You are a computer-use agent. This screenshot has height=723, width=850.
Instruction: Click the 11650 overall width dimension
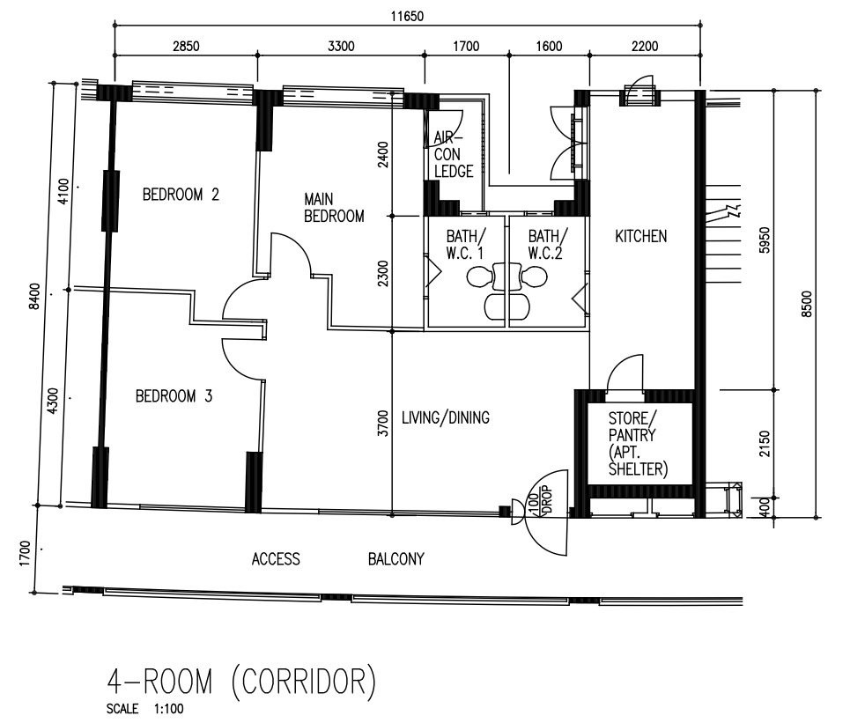(407, 16)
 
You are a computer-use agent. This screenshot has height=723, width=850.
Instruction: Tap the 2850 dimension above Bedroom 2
(186, 46)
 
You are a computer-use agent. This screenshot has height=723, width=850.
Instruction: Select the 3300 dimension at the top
(341, 46)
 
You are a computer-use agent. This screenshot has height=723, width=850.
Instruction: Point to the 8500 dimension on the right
(807, 304)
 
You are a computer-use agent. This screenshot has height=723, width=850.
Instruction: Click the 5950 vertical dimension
(764, 240)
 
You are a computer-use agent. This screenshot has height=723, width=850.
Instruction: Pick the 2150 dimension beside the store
(764, 443)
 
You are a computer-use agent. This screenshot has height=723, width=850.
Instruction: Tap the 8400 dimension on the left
(34, 296)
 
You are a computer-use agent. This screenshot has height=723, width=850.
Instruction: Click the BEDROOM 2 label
(181, 194)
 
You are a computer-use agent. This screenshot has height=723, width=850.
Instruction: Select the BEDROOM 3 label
(174, 396)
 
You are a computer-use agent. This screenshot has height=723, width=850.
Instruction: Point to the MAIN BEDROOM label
(334, 208)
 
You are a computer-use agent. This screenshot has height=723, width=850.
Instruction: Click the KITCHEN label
(640, 236)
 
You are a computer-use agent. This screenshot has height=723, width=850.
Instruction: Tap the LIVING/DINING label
(446, 417)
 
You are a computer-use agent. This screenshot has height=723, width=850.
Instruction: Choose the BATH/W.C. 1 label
(466, 245)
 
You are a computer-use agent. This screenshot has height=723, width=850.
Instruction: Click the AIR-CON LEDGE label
(454, 155)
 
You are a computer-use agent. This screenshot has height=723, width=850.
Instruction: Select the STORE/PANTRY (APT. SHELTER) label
(638, 443)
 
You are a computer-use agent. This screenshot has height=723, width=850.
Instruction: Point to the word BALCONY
(395, 559)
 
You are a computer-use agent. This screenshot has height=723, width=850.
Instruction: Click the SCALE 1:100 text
(144, 708)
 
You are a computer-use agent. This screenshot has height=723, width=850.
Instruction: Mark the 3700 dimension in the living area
(383, 424)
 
